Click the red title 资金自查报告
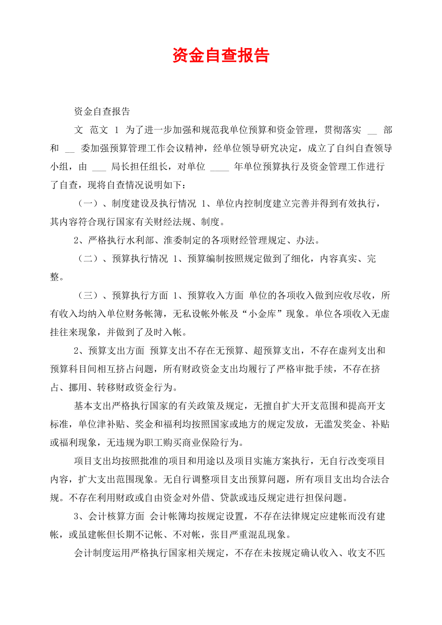pos(221,56)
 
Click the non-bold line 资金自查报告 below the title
pos(102,112)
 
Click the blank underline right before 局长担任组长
pos(98,168)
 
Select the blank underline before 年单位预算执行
pos(220,168)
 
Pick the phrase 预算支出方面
pos(117,351)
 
